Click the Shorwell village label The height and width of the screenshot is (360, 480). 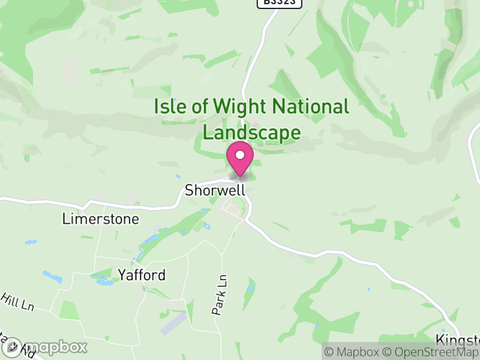click(x=215, y=191)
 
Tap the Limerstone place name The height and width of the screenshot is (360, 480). click(x=100, y=219)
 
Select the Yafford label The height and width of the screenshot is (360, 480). click(x=141, y=275)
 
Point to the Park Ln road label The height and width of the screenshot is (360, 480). click(x=220, y=295)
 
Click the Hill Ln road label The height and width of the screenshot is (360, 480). click(x=17, y=302)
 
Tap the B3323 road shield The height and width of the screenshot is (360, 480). click(x=279, y=3)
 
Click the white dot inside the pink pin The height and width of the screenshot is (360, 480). click(x=240, y=155)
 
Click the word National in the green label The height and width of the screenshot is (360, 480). click(x=310, y=107)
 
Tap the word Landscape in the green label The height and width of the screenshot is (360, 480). click(x=251, y=132)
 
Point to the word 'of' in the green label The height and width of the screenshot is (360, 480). click(x=201, y=107)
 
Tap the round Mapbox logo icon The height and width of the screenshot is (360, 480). click(x=13, y=347)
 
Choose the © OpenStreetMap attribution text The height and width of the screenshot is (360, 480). click(x=431, y=353)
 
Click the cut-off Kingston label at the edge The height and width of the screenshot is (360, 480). click(x=457, y=340)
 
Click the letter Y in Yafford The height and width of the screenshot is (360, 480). click(x=122, y=275)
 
